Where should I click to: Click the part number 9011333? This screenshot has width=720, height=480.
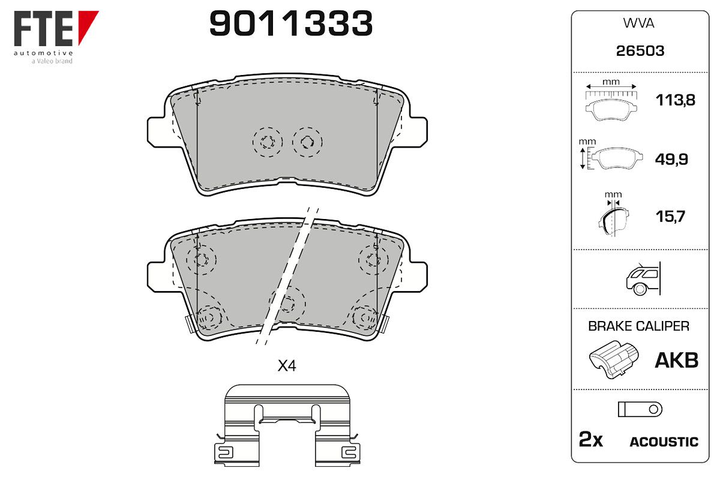[291, 23]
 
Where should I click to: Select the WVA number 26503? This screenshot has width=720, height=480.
[640, 51]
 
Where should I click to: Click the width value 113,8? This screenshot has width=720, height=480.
[676, 100]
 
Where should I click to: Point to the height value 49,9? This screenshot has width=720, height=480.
[671, 159]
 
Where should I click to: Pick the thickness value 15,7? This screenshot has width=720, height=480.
[670, 216]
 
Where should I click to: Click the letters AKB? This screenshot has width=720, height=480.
[677, 360]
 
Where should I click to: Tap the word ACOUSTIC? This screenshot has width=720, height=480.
[664, 442]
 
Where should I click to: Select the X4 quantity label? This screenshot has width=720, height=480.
[287, 365]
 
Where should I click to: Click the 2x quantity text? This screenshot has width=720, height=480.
[591, 439]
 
